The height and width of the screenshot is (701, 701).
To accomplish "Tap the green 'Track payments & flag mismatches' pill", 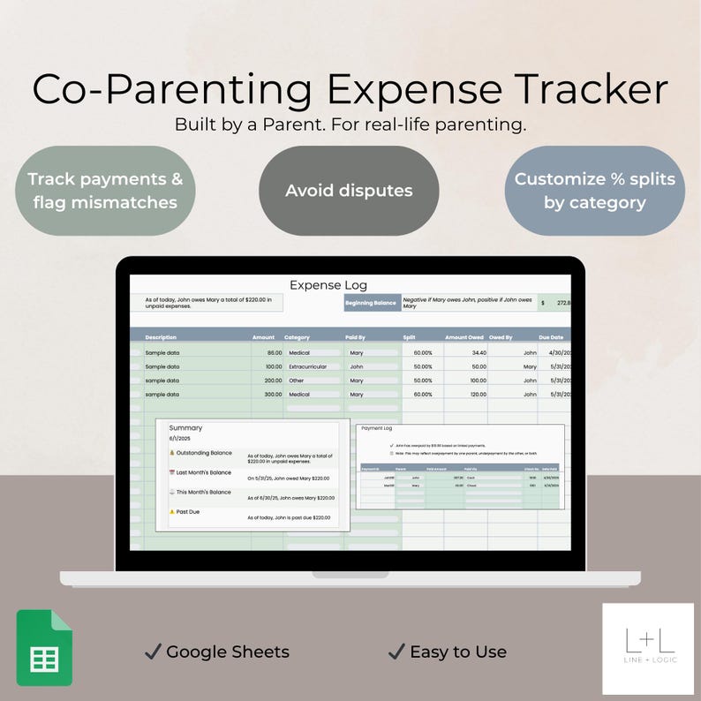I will click(105, 191).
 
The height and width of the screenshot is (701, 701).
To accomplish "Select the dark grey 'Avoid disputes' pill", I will click(349, 191).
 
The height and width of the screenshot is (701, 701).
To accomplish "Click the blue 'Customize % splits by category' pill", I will click(594, 191).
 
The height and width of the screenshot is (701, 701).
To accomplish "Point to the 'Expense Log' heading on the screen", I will click(328, 285).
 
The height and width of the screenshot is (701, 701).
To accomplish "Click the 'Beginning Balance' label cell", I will click(372, 303).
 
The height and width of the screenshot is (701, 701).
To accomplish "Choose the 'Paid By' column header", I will click(356, 337).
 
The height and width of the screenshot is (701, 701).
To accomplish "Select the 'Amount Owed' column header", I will click(464, 337).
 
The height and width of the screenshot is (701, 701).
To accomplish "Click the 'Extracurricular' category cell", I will click(309, 366).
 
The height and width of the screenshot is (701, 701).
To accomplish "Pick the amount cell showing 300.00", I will click(268, 395).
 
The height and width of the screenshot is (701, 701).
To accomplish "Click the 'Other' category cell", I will click(297, 381).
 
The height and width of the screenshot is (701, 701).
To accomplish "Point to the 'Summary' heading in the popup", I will click(185, 428).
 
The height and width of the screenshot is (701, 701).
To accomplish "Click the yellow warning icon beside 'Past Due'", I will click(171, 511).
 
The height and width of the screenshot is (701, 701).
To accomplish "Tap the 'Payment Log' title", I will click(377, 428).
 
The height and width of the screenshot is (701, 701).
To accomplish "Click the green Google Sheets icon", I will click(44, 648).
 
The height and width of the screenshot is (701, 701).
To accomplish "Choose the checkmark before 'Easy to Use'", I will click(396, 652).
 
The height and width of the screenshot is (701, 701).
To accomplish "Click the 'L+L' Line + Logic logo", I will click(647, 648).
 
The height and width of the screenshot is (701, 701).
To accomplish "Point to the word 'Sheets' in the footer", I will click(260, 652).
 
